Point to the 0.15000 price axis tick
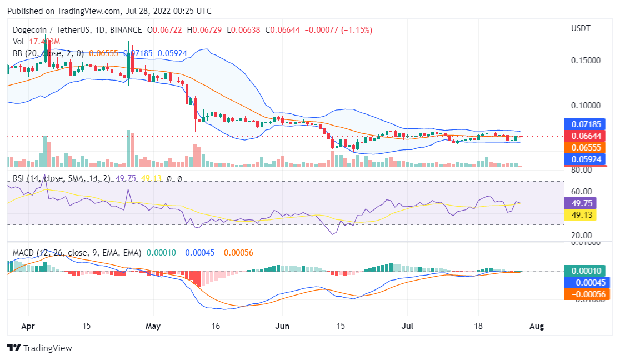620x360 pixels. [586, 60]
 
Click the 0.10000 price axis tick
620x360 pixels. [586, 106]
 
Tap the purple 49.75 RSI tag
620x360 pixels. [580, 203]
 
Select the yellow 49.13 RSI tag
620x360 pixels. [580, 215]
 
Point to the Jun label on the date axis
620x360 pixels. [283, 326]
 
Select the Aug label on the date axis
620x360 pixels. [537, 326]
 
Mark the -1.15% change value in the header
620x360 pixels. [357, 29]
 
